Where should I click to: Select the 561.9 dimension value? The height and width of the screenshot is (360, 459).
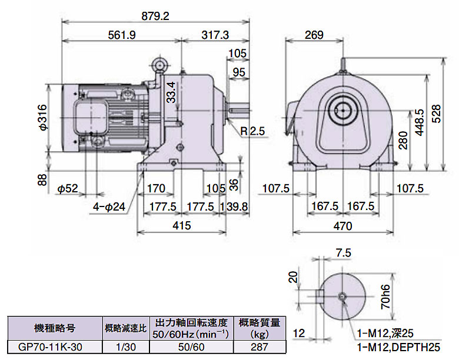pyautogui.click(x=122, y=35)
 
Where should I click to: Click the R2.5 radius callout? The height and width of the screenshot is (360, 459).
pyautogui.click(x=251, y=130)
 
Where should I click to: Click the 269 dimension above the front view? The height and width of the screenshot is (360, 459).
pyautogui.click(x=314, y=35)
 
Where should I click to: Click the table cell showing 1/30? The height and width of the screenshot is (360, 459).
pyautogui.click(x=125, y=347)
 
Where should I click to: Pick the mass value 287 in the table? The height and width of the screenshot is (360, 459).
pyautogui.click(x=260, y=347)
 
